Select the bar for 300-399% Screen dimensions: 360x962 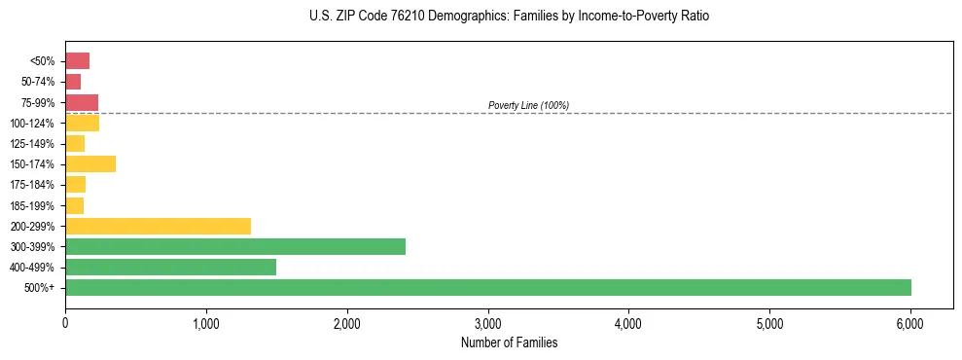[235, 246]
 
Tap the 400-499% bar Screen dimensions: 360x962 [170, 267]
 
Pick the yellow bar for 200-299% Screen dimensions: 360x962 [158, 226]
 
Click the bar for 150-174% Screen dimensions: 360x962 [90, 164]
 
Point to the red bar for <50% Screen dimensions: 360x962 [78, 61]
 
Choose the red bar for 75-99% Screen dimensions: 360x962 [82, 102]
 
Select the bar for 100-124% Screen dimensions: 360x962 [83, 123]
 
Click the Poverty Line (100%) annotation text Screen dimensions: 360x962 [528, 105]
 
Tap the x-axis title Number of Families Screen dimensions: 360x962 [509, 342]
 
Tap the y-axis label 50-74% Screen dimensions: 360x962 [40, 82]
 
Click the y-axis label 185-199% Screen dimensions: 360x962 [34, 205]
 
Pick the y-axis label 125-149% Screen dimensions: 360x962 [34, 144]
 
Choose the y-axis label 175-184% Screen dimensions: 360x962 [34, 185]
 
